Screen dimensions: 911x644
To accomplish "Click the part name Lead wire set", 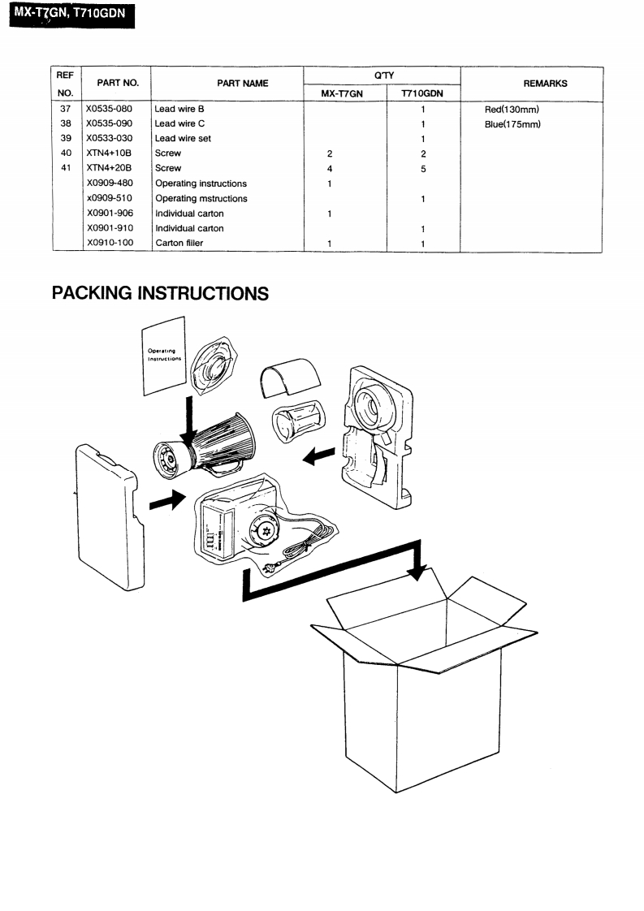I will pyautogui.click(x=183, y=139).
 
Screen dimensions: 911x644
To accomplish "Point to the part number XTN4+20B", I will pyautogui.click(x=110, y=169).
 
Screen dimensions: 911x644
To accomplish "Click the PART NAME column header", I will pyautogui.click(x=227, y=84).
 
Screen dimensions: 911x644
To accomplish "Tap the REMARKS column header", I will pyautogui.click(x=530, y=84).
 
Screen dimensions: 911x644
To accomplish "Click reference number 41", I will pyautogui.click(x=67, y=169).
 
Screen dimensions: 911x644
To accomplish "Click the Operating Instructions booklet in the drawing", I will pyautogui.click(x=164, y=357).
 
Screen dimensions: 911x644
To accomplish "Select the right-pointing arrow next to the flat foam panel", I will pyautogui.click(x=168, y=502).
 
